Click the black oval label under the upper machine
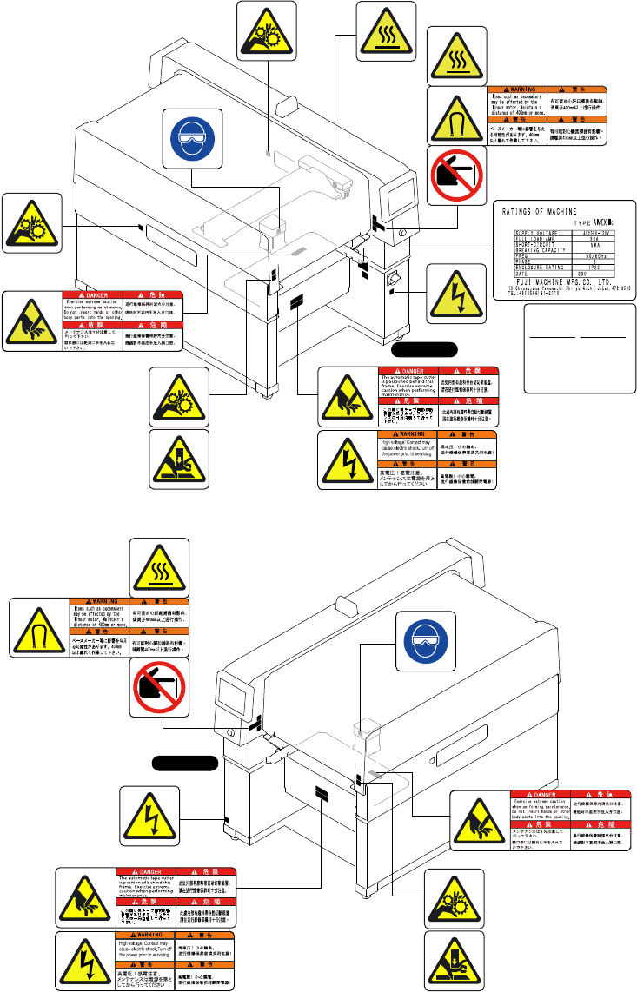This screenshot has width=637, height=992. [x=423, y=350]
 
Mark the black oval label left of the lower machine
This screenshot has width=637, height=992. [x=182, y=764]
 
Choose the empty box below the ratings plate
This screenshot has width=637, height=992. [x=579, y=347]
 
